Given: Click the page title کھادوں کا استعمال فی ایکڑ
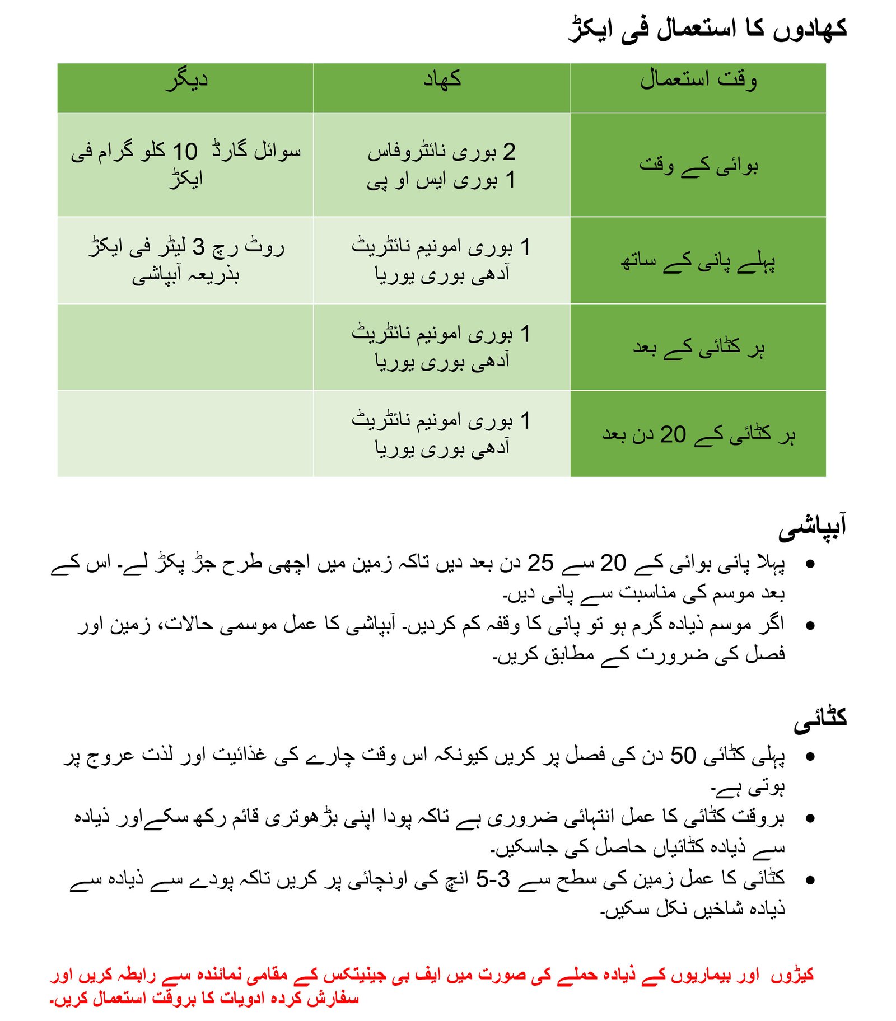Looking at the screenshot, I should (x=707, y=29).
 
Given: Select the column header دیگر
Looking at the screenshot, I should (x=186, y=80).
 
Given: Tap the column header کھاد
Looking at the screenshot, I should (x=442, y=80).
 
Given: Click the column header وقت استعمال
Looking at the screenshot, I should (x=698, y=80).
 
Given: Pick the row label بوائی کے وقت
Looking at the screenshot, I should (x=698, y=165).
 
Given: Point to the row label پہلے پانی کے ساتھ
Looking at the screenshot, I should (x=698, y=261).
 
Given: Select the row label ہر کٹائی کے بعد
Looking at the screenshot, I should (x=698, y=348).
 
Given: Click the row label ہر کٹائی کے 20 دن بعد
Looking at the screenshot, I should (x=698, y=434).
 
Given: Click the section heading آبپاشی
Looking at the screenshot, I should (x=811, y=527).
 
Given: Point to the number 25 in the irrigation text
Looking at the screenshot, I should (x=540, y=563).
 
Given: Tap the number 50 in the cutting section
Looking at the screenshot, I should (x=683, y=756).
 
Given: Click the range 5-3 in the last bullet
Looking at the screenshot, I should (x=493, y=879).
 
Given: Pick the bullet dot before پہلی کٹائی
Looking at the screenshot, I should (x=809, y=757).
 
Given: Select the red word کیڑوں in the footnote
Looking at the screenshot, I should (x=792, y=975).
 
